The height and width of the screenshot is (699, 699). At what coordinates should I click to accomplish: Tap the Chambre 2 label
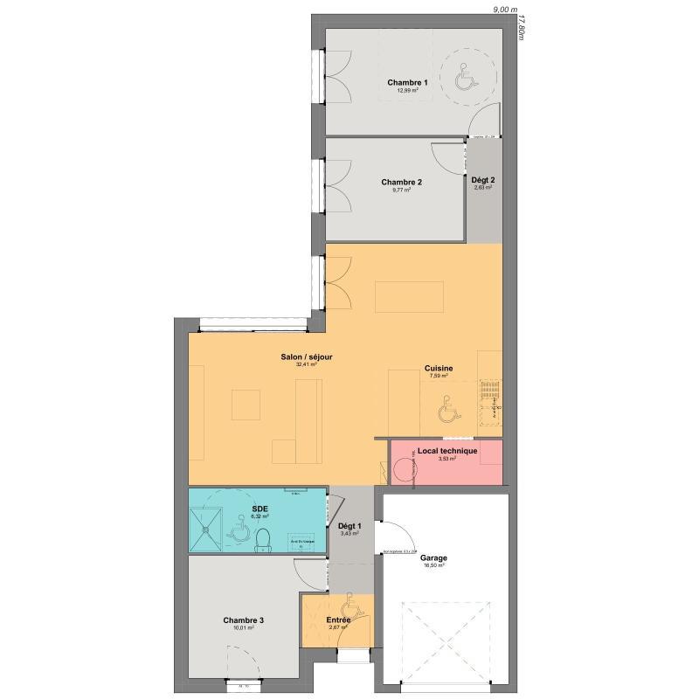click(402, 183)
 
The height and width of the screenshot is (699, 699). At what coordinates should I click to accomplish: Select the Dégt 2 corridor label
click(483, 180)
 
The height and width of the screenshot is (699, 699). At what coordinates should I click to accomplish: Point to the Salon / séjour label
click(306, 356)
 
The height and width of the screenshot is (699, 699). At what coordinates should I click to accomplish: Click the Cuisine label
click(439, 369)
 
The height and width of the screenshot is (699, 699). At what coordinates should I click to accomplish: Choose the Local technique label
click(447, 451)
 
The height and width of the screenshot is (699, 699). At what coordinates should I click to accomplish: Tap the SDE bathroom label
click(260, 509)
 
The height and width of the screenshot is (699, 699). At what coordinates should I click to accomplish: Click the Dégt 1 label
click(349, 526)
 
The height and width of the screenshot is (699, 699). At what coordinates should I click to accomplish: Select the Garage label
click(433, 557)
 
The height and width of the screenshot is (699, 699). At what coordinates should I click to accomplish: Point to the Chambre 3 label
click(243, 619)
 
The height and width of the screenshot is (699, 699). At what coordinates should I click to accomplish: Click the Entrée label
click(339, 620)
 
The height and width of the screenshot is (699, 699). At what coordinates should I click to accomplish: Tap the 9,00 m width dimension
click(506, 10)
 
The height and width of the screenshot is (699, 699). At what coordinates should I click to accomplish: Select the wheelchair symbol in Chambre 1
click(464, 79)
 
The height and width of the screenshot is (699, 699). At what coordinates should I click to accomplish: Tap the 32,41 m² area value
click(306, 365)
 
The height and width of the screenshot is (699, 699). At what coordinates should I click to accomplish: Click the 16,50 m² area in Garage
click(433, 566)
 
